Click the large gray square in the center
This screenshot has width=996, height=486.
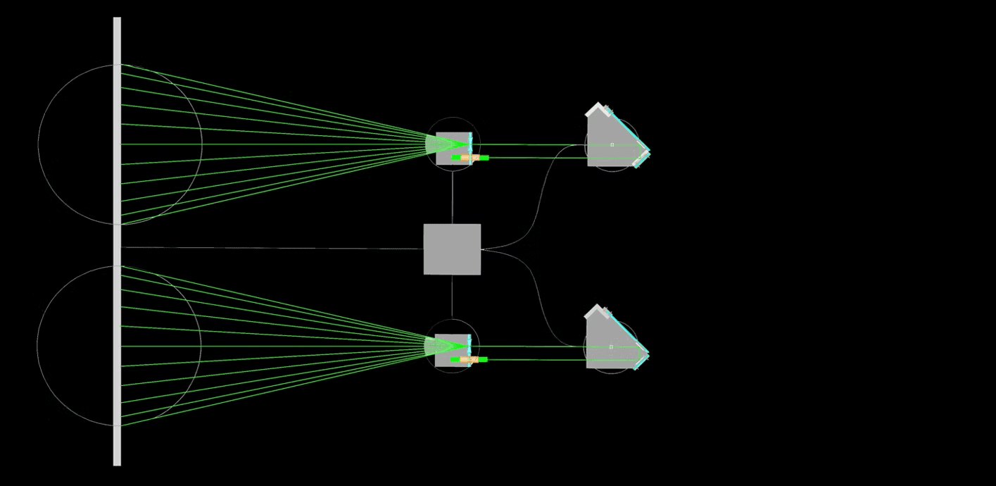(452, 249)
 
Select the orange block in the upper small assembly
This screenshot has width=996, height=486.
(470, 158)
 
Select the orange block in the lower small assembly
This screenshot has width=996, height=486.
(469, 359)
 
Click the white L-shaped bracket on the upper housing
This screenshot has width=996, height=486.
(595, 108)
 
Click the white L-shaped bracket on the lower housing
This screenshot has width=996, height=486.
(594, 311)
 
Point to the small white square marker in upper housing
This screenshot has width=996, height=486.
(612, 144)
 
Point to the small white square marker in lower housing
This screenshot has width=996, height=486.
(611, 347)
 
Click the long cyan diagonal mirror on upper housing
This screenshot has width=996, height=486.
(629, 130)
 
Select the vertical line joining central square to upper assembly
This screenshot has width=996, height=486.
(453, 197)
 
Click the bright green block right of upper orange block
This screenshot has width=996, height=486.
(483, 158)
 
